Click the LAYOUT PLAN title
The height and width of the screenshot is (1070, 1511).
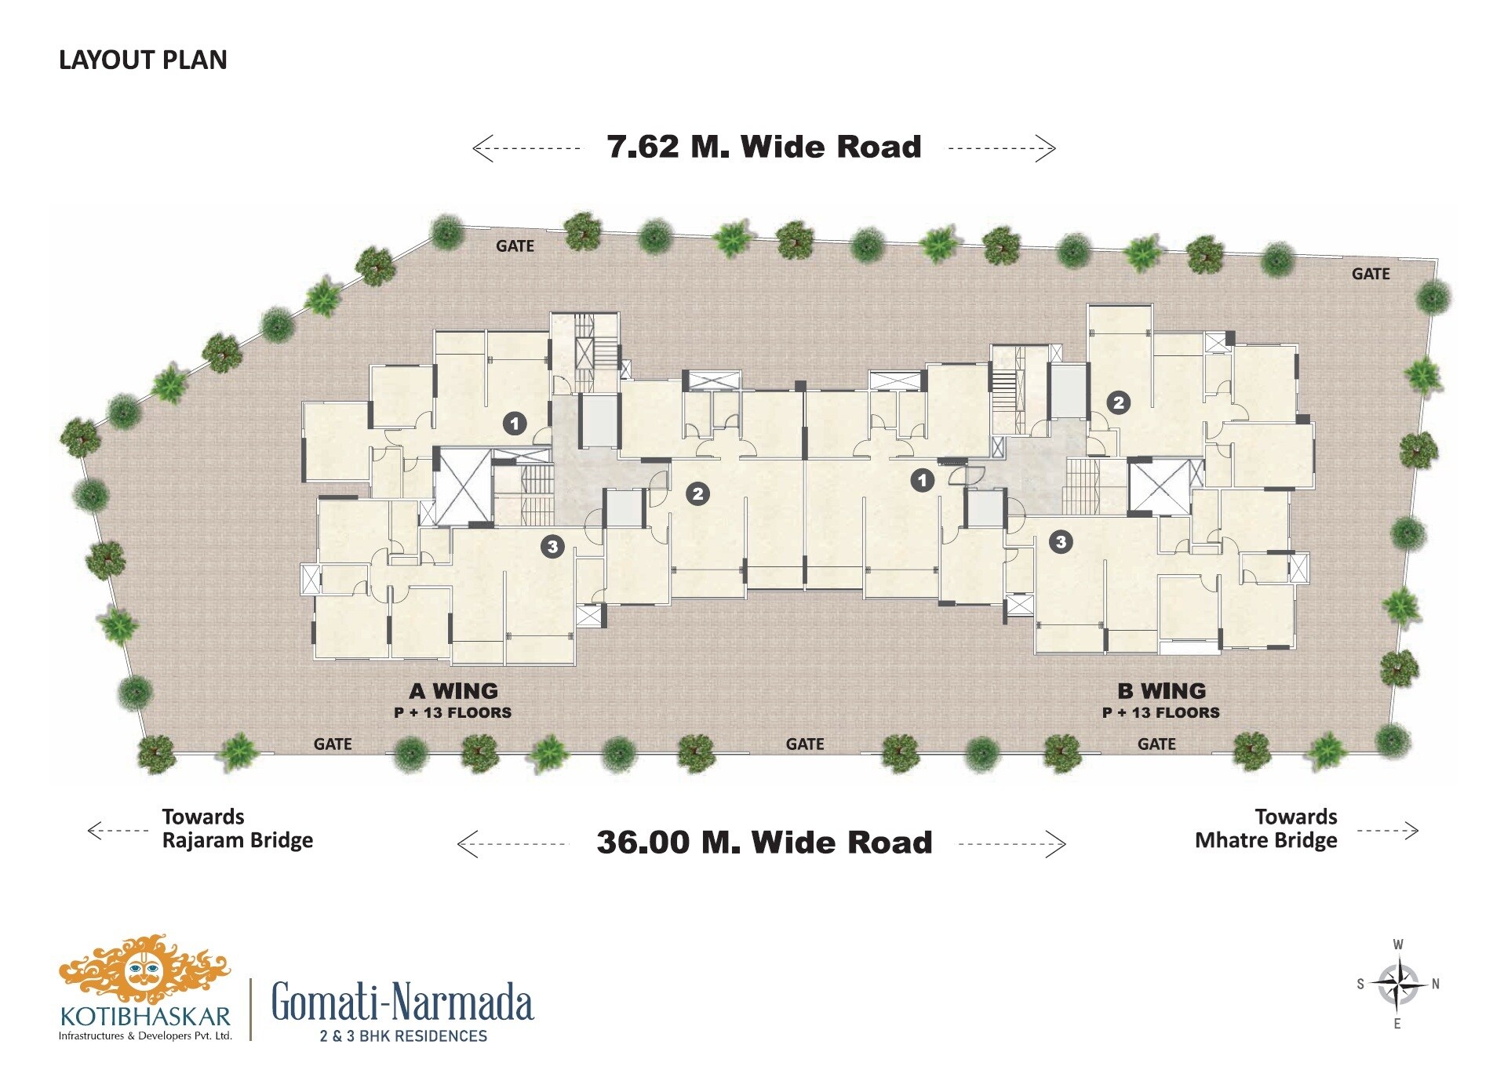[143, 60]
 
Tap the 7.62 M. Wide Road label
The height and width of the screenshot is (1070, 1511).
[764, 147]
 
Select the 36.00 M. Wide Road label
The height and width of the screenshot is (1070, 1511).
[764, 843]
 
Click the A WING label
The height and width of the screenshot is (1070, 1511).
[453, 691]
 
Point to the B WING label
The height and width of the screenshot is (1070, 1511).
[1162, 691]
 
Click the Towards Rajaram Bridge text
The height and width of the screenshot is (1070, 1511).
[237, 829]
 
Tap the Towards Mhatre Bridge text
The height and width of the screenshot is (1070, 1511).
[1266, 829]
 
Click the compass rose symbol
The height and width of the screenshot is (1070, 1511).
[1398, 984]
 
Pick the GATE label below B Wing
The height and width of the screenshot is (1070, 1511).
[1156, 744]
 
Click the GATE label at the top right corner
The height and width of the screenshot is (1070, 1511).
[1371, 274]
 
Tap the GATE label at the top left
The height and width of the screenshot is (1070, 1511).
[515, 246]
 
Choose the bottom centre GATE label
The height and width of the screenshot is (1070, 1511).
[805, 744]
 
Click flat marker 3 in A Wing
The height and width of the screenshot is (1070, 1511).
[552, 547]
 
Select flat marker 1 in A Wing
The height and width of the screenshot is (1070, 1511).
[515, 424]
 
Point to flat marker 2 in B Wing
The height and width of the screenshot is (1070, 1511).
[1119, 403]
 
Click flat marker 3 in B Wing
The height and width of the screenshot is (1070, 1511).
[1061, 542]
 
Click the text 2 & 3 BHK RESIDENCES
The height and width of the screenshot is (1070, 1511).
[403, 1036]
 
